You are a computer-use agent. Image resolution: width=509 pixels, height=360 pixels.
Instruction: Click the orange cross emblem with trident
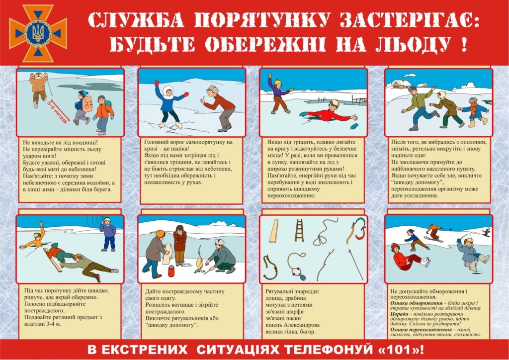coord(38,32)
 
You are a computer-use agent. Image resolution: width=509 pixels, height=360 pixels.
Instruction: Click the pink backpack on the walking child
coord(87,103)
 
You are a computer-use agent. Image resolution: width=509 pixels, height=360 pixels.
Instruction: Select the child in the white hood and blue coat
coord(170,102)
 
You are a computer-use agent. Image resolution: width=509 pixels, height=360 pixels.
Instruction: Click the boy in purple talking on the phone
coord(107,234)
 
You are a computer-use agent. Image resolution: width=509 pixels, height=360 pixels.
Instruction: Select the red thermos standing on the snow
coord(171,271)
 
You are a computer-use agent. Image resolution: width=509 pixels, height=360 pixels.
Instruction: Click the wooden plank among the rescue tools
coord(274,231)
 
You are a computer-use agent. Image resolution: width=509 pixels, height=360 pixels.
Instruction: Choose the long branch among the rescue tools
coord(326,264)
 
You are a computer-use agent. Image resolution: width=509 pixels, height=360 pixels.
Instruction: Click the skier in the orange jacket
coord(434,232)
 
